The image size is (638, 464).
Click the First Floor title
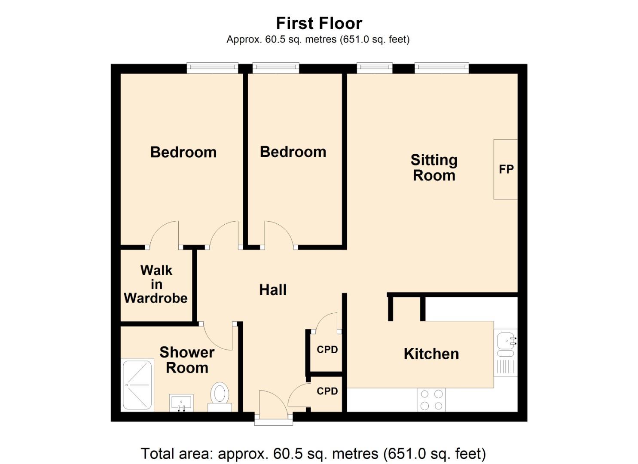319,23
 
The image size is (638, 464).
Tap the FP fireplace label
506,169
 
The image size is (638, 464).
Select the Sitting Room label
434,168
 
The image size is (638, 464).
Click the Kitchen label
431,354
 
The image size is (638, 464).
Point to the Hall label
273,290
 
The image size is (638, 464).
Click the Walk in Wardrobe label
156,284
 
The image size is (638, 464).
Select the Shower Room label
187,360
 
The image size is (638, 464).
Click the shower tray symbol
137,385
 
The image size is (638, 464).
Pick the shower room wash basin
181,403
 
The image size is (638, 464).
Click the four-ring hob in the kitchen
431,400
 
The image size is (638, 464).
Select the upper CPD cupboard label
327,350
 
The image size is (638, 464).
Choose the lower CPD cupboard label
327,391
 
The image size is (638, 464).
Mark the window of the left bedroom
212,67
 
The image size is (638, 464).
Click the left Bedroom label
183,153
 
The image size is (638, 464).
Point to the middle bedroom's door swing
278,234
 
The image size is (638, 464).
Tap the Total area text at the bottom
313,454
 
